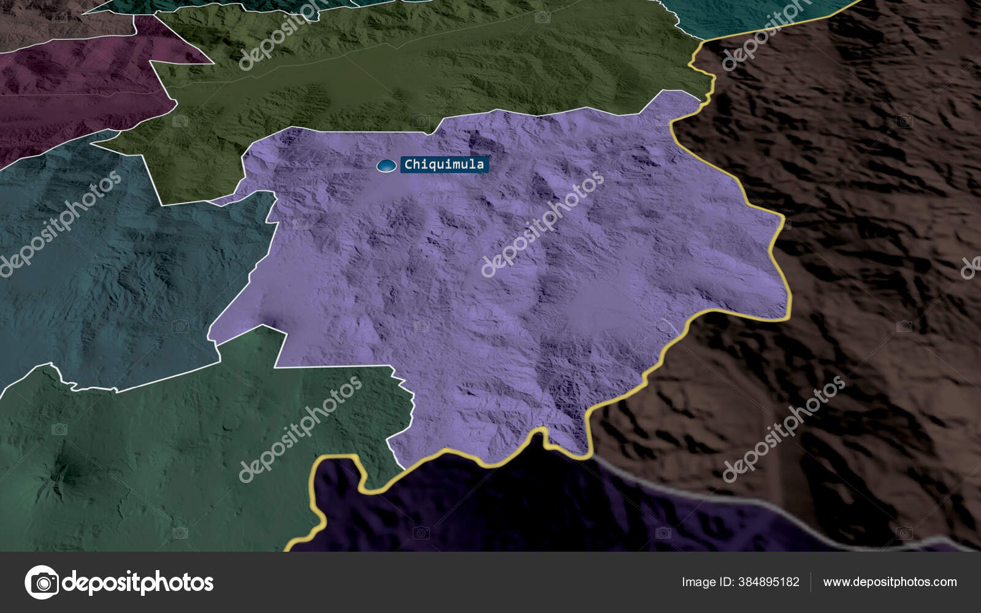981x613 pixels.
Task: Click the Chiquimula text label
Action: coord(444,164)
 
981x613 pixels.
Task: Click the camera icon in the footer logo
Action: coord(42,582)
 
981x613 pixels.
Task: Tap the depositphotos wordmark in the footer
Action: coord(138,582)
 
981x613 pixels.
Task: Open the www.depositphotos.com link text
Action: coord(890,582)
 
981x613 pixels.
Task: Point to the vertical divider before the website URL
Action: coord(811,582)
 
